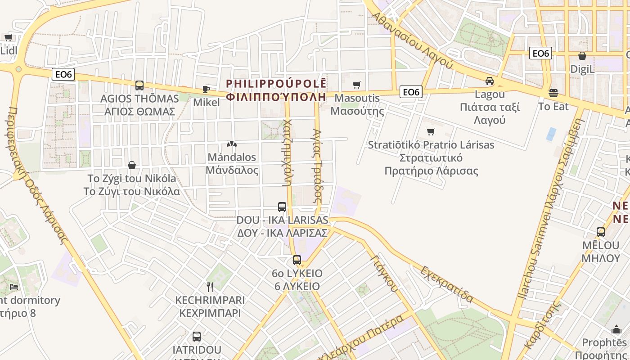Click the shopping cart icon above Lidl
click(8, 37)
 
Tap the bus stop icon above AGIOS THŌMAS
click(139, 85)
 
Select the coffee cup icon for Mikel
click(206, 89)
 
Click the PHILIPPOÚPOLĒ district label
click(276, 84)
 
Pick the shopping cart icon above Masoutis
click(357, 85)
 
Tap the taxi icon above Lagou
click(490, 81)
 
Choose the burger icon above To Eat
click(553, 93)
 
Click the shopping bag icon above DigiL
click(582, 56)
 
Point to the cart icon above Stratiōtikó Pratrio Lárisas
click(431, 131)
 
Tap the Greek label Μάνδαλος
click(232, 170)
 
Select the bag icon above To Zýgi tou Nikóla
click(132, 165)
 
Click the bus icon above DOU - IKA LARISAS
click(282, 207)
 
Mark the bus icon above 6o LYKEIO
click(297, 260)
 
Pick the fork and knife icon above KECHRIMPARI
click(210, 287)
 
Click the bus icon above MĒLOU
click(601, 232)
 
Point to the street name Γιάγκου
click(385, 273)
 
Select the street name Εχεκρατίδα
click(447, 284)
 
